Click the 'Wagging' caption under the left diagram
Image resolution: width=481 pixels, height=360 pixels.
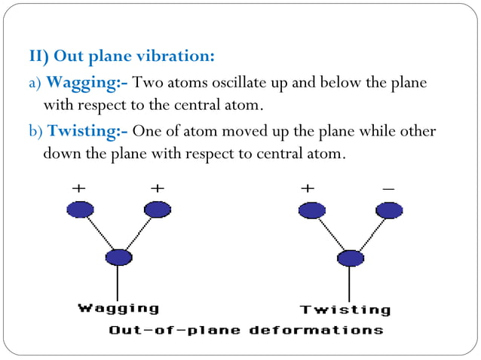click(x=119, y=307)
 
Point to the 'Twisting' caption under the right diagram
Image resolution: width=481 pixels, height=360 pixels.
click(x=345, y=310)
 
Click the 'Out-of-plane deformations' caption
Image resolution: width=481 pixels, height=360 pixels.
click(x=246, y=330)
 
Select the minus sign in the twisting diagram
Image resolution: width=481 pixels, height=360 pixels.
click(x=388, y=188)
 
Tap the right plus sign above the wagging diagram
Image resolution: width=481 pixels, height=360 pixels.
click(x=157, y=188)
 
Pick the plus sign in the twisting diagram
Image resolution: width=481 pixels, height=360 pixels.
click(x=308, y=188)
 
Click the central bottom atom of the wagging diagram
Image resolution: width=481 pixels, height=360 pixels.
click(x=118, y=258)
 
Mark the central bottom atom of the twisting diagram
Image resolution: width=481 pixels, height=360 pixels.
click(x=349, y=258)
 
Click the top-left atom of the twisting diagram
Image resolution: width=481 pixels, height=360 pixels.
click(x=311, y=211)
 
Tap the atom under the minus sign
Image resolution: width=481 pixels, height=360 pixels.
click(x=389, y=211)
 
